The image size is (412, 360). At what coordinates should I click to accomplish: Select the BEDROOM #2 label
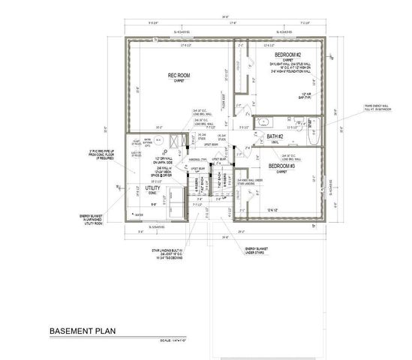(287, 55)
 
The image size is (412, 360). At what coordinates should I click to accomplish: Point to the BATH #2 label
(274, 136)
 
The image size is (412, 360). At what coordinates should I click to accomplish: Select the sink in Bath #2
(266, 122)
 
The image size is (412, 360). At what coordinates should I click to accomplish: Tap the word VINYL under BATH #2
(275, 142)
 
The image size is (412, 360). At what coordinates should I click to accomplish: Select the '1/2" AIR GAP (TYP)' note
(305, 94)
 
